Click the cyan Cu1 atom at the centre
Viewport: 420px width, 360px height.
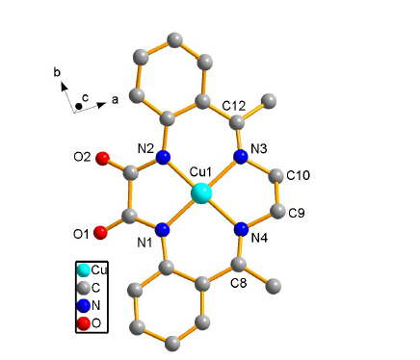tap(201, 193)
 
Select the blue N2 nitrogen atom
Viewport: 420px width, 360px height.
tap(163, 157)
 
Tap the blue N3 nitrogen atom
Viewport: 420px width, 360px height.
tap(241, 157)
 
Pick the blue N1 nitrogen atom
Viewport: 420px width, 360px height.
tap(163, 230)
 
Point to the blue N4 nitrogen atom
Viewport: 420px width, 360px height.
tap(241, 229)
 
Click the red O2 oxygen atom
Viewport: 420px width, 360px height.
tap(103, 159)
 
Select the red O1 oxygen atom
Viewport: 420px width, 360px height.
tap(100, 233)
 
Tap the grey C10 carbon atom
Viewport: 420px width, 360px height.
tap(276, 176)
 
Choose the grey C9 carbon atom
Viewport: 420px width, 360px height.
tap(277, 211)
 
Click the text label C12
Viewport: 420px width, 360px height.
tap(234, 106)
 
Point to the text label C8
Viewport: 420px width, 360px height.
tap(239, 283)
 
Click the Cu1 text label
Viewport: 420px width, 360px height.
tap(200, 172)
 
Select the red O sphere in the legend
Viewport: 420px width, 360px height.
tap(83, 323)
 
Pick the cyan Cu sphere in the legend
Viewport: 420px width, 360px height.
tap(84, 270)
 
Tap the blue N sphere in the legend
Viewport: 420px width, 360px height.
tap(84, 306)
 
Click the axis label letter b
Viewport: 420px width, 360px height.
tap(57, 73)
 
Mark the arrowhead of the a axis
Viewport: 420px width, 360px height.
tap(102, 105)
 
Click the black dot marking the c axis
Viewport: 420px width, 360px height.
tap(78, 106)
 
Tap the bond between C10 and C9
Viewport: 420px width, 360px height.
tap(277, 193)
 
